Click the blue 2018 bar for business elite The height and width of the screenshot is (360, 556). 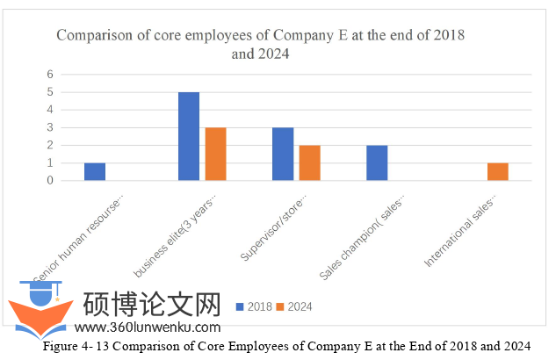tap(189, 136)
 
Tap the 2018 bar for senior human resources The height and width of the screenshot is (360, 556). tap(95, 171)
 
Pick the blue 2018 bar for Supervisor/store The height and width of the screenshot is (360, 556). tap(283, 154)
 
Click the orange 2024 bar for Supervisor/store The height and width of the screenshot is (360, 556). tap(309, 162)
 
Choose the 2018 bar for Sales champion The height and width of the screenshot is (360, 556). tap(377, 162)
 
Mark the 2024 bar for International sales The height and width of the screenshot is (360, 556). tap(497, 171)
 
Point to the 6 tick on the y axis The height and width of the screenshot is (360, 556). tap(51, 74)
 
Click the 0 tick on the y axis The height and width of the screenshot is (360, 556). tap(51, 181)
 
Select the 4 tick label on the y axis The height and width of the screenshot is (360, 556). tap(51, 110)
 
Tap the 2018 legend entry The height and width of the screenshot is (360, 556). tap(255, 306)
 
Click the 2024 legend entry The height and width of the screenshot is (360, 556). tap(293, 306)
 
